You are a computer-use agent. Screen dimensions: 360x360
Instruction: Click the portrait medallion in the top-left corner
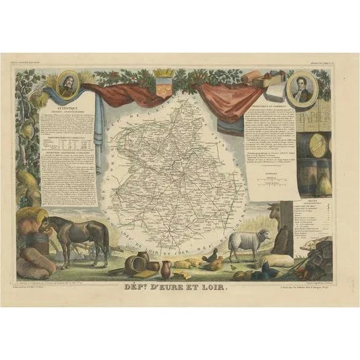click(x=67, y=85)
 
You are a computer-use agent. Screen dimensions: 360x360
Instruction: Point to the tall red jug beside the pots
click(x=166, y=267)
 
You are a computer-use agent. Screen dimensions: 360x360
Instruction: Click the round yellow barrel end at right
click(x=319, y=146)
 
